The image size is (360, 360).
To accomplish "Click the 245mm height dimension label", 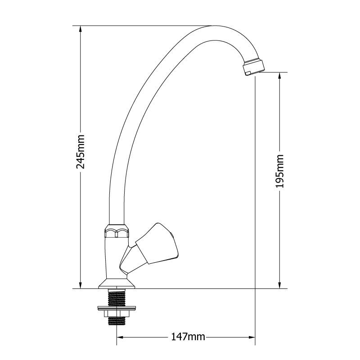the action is tap(81, 152).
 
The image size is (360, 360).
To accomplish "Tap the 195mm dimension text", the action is tap(279, 171).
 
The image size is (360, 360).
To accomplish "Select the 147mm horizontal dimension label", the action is tap(188, 337).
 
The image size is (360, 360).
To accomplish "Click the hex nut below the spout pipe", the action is tap(117, 231).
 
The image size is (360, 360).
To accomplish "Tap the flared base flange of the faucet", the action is tap(117, 283).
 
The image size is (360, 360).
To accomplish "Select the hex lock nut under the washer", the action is tap(117, 314).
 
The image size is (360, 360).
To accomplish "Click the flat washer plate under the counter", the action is tap(117, 308).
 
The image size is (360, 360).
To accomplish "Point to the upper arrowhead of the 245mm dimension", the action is tap(81, 29).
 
